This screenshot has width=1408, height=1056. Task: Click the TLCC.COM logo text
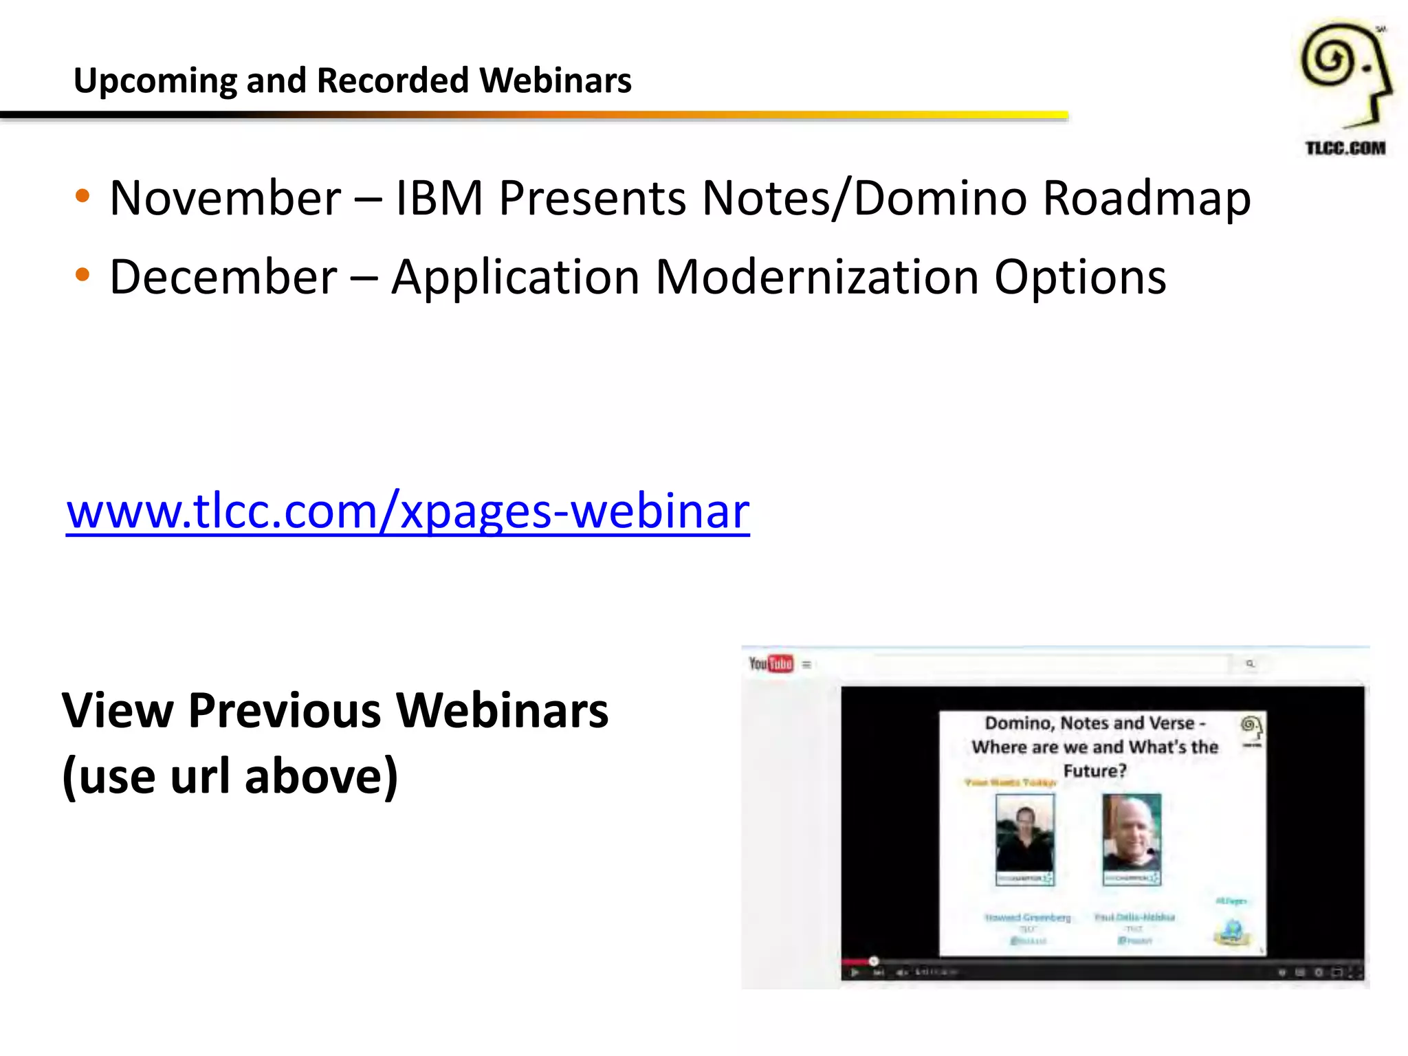[1345, 148]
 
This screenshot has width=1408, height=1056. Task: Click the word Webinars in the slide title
[555, 80]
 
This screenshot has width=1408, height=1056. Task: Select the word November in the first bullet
[225, 198]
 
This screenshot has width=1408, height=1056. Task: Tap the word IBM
[439, 198]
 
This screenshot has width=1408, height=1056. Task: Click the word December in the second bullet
[223, 277]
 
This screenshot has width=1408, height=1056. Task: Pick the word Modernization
[817, 277]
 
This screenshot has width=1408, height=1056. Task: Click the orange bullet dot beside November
[82, 197]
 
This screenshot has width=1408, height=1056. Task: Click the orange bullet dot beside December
[82, 276]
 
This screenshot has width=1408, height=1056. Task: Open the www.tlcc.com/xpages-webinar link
[408, 511]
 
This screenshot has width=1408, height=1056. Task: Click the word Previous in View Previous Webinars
[284, 710]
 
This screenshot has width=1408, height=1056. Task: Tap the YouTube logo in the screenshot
[771, 663]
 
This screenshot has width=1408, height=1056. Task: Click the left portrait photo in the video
[1024, 839]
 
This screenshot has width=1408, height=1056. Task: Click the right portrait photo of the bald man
[1132, 839]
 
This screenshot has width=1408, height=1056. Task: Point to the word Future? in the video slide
[1094, 771]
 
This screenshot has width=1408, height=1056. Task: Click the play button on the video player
[855, 972]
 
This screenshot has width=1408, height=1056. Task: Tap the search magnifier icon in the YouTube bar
[1250, 663]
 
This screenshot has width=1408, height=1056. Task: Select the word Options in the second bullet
[1080, 277]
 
